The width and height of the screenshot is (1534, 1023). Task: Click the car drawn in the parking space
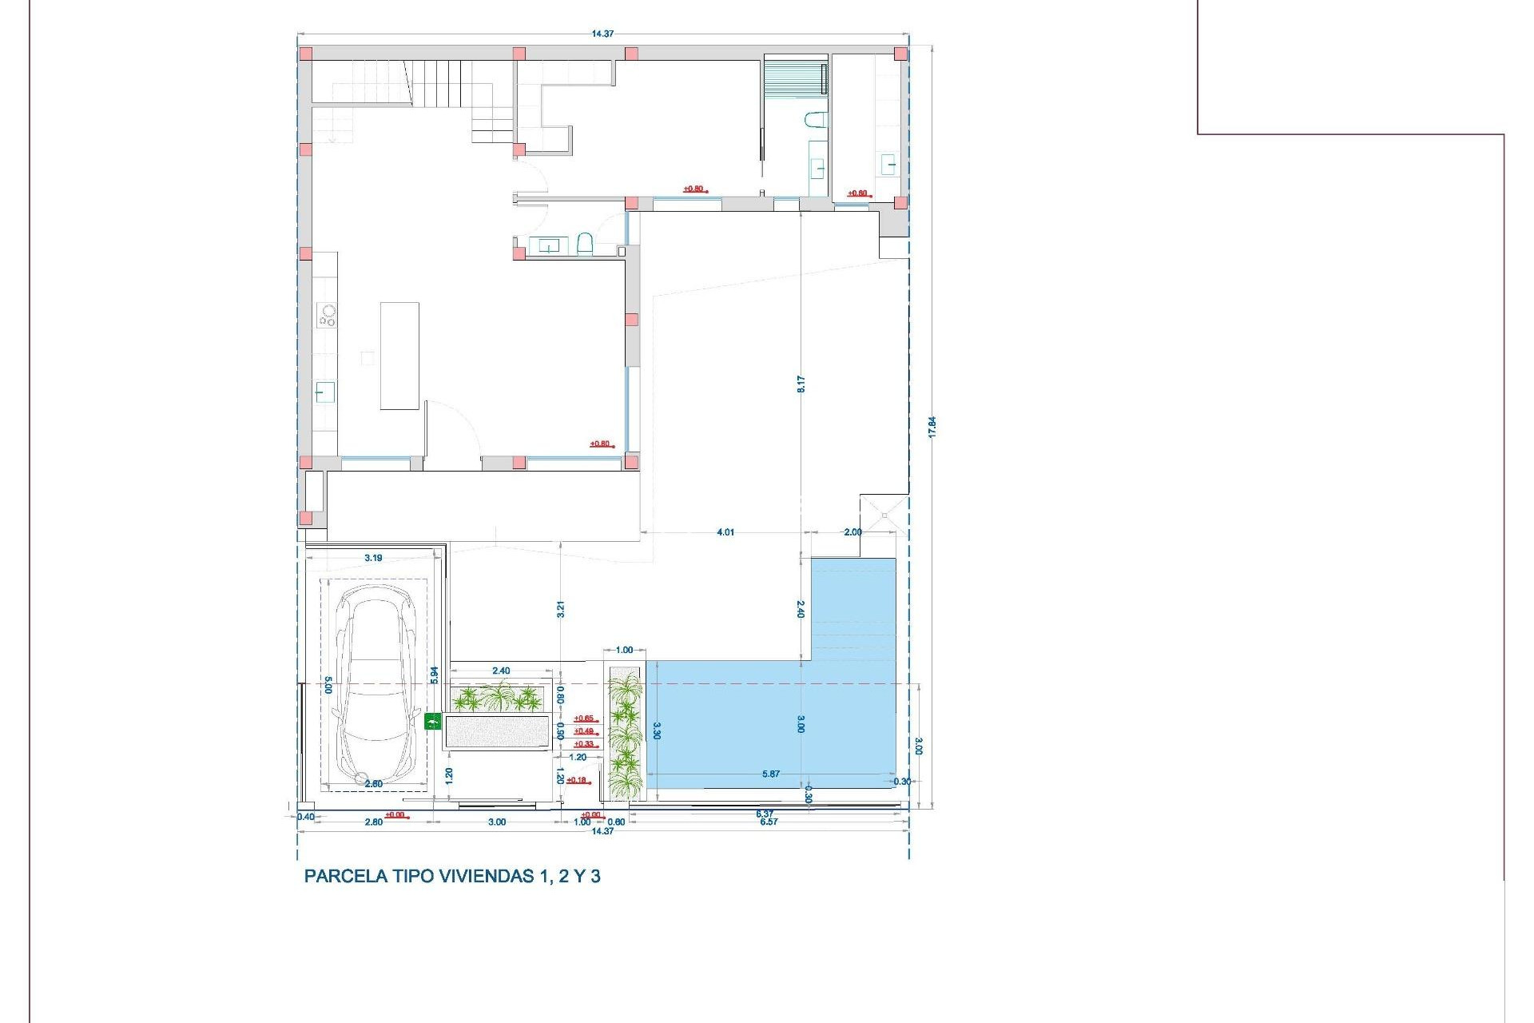[x=375, y=686]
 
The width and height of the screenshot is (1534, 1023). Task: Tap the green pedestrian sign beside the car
[x=432, y=722]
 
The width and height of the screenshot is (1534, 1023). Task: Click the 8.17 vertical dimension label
[x=801, y=384]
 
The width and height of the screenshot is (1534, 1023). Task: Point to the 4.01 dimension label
[x=725, y=532]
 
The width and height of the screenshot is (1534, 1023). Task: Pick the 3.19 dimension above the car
[x=373, y=558]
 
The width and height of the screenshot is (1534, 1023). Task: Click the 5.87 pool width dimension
[x=770, y=774]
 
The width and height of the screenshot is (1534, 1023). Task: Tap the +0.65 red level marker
[x=584, y=718]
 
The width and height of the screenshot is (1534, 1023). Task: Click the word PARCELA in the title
[x=346, y=876]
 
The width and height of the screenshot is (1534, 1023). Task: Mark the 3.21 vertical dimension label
[x=561, y=609]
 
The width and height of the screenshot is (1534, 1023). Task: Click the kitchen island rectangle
[x=399, y=356]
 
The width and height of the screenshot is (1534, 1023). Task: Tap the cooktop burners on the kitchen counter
[x=327, y=315]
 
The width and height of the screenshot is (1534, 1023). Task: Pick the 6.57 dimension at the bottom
[x=768, y=822]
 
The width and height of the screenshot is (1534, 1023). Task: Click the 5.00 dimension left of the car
[x=328, y=685]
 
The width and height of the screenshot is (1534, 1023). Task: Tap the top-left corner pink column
[x=305, y=54]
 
